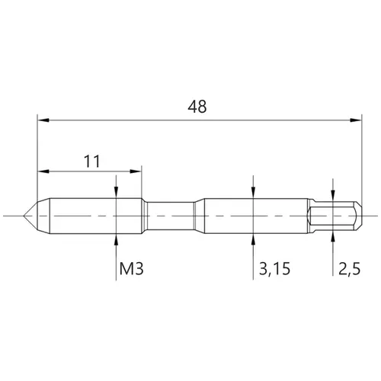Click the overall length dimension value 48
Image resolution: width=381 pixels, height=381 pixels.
click(x=197, y=107)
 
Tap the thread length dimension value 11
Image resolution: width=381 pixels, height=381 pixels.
click(x=92, y=162)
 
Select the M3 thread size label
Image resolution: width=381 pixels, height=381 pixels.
click(x=131, y=268)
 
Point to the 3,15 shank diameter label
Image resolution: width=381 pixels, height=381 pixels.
click(x=274, y=269)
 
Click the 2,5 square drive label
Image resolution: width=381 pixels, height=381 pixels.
click(x=349, y=269)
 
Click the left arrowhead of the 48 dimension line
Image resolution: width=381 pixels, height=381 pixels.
click(x=43, y=120)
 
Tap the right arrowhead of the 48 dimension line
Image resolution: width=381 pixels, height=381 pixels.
click(x=356, y=120)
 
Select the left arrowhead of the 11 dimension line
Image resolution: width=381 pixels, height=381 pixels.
click(x=43, y=171)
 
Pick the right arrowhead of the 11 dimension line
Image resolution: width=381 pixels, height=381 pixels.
click(x=136, y=171)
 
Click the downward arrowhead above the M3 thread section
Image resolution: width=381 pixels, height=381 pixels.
click(x=116, y=192)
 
